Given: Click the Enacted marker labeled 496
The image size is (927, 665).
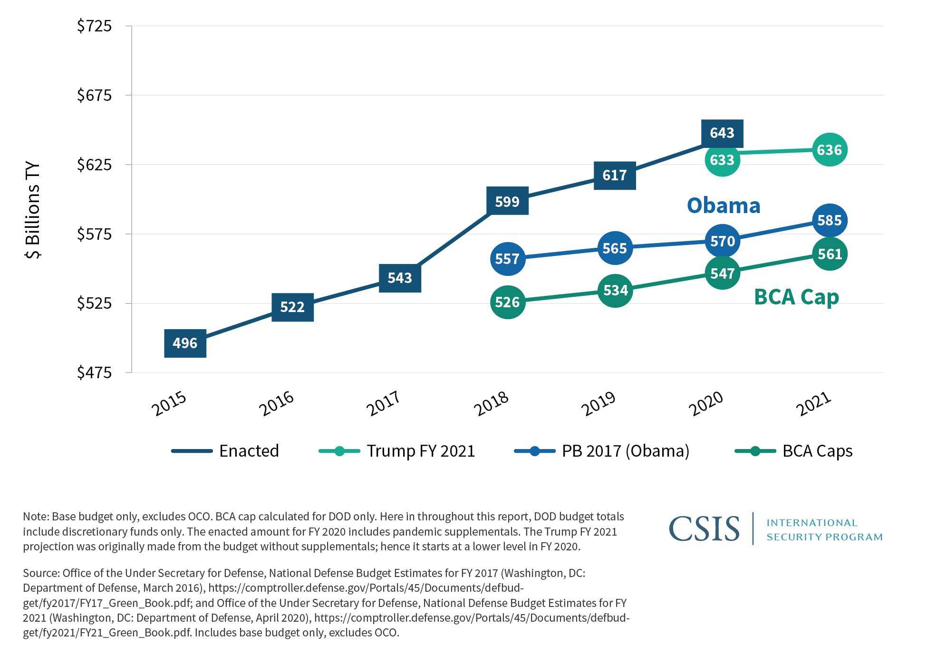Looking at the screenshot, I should (x=185, y=343).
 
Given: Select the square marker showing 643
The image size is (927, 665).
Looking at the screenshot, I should (x=722, y=133).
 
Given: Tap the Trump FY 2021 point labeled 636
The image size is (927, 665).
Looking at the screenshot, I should (x=830, y=150).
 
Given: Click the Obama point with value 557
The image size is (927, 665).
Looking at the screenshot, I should (x=507, y=259).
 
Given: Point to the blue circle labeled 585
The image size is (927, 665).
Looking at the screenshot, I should (x=830, y=220).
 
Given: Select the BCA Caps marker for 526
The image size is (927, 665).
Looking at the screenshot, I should (x=507, y=302).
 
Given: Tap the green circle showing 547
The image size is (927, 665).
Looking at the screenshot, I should (x=722, y=274).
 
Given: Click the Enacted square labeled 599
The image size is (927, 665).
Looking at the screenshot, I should (x=507, y=201).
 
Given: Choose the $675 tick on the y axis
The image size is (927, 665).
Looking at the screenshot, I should (x=94, y=95).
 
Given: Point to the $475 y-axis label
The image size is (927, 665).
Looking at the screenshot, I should (x=94, y=372).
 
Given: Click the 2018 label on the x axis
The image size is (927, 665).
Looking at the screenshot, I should (x=491, y=403).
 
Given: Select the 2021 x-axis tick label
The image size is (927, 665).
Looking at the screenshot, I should (x=813, y=403).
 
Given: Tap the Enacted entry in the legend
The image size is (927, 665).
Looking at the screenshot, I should (x=249, y=451).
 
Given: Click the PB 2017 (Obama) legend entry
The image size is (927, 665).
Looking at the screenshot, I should (x=625, y=451).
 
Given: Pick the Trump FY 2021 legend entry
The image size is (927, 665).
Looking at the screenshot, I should (x=420, y=451).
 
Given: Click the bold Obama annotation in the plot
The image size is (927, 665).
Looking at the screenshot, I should (x=724, y=205).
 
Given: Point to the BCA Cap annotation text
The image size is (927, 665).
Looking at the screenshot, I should (x=796, y=297).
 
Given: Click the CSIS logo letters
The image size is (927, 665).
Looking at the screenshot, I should (x=704, y=529).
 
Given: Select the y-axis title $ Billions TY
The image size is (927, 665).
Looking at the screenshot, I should (x=32, y=209).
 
